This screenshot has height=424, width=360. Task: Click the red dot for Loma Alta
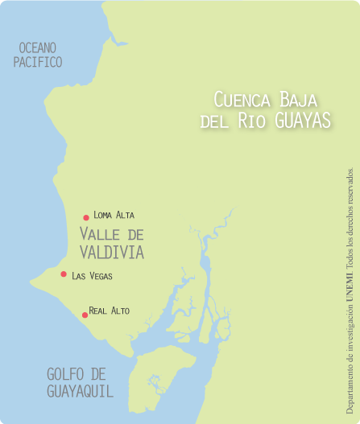(x=86, y=217)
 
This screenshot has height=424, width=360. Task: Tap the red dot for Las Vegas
(x=64, y=274)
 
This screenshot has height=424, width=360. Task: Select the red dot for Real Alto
(x=85, y=315)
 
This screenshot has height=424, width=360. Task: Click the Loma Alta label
(x=114, y=215)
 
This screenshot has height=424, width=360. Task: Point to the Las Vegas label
(x=92, y=276)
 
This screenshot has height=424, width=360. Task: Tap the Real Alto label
(x=109, y=311)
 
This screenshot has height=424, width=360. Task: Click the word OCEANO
(x=38, y=48)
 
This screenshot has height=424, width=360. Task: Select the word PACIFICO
(x=38, y=62)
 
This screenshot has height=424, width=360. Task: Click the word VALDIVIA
(x=111, y=252)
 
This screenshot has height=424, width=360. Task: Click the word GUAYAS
(x=303, y=121)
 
